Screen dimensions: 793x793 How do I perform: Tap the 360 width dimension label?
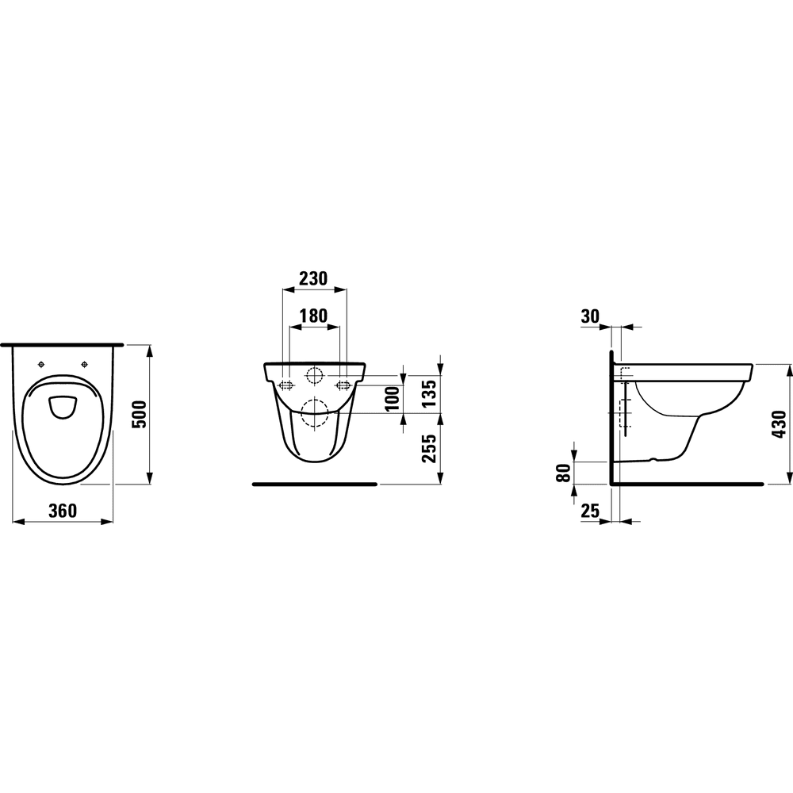[x=63, y=511]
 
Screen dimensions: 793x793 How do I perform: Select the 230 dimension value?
[x=313, y=278]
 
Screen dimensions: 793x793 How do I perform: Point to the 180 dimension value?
[x=313, y=316]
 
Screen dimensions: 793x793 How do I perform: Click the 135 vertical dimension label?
[x=429, y=393]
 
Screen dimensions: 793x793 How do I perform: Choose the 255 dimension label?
[x=429, y=448]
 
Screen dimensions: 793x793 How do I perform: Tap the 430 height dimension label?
[x=780, y=424]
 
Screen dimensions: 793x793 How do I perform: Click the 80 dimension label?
[x=563, y=473]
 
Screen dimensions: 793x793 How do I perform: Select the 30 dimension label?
[x=590, y=316]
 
